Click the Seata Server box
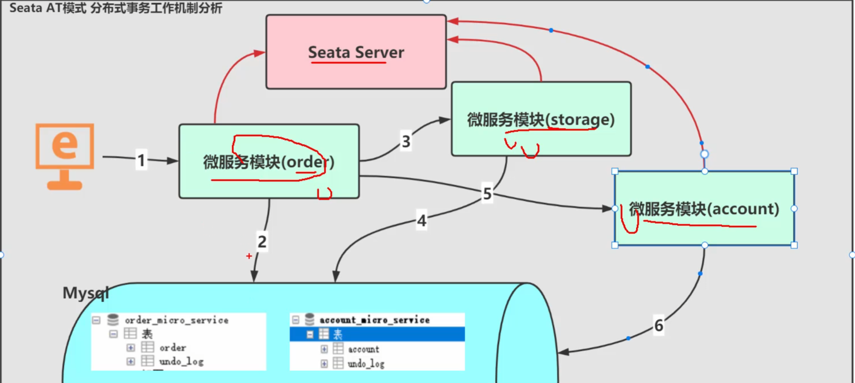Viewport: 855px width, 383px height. pyautogui.click(x=356, y=52)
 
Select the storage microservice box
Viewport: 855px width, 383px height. pyautogui.click(x=541, y=119)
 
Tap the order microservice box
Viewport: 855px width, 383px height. pyautogui.click(x=269, y=161)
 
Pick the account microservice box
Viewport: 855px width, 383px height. pyautogui.click(x=704, y=208)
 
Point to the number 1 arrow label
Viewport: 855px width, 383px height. pyautogui.click(x=141, y=160)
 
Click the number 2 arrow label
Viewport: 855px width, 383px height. pyautogui.click(x=262, y=241)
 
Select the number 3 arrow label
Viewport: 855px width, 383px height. pyautogui.click(x=406, y=141)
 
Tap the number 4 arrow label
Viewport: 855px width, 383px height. pyautogui.click(x=421, y=221)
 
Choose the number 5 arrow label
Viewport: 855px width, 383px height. pyautogui.click(x=487, y=194)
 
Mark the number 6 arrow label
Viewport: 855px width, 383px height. pyautogui.click(x=658, y=325)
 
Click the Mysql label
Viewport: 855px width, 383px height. pyautogui.click(x=85, y=293)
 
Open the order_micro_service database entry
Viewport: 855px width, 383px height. pyautogui.click(x=176, y=320)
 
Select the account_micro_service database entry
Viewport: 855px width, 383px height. pyautogui.click(x=374, y=320)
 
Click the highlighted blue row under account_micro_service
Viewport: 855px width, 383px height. pyautogui.click(x=377, y=334)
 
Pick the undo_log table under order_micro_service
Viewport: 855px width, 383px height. pyautogui.click(x=181, y=362)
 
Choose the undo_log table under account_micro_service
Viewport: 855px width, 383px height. pyautogui.click(x=366, y=364)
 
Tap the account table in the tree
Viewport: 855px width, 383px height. pyautogui.click(x=363, y=349)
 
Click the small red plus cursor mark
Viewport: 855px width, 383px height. pyautogui.click(x=249, y=256)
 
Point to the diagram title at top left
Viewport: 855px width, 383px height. pyautogui.click(x=116, y=8)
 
